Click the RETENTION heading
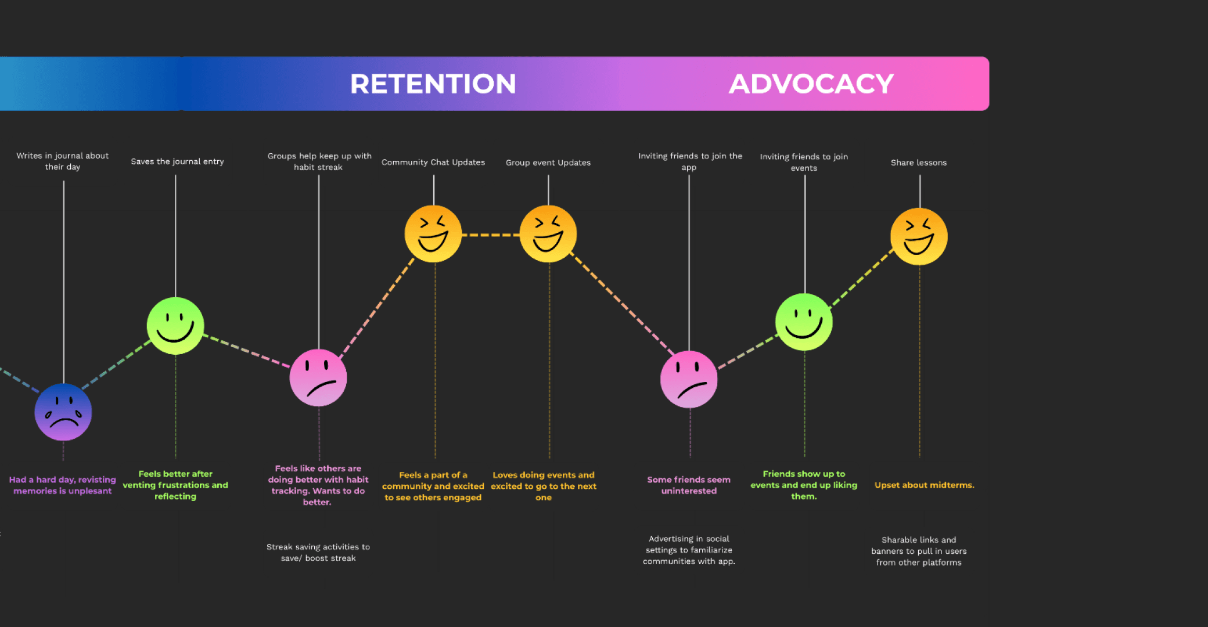433,84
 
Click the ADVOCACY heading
811,84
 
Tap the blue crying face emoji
63,412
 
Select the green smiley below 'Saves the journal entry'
175,325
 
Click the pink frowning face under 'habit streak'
318,377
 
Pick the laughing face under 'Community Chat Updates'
433,233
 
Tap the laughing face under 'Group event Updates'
548,233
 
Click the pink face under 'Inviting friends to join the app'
689,379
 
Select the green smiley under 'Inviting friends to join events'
804,322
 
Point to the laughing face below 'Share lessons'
919,236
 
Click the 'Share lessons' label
919,163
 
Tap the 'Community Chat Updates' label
433,162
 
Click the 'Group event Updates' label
548,163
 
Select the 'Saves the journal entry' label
177,161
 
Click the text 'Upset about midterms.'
924,485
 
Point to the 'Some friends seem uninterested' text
689,485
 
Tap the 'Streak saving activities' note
318,552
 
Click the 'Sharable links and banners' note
919,551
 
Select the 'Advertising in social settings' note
689,550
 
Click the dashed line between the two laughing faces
491,235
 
